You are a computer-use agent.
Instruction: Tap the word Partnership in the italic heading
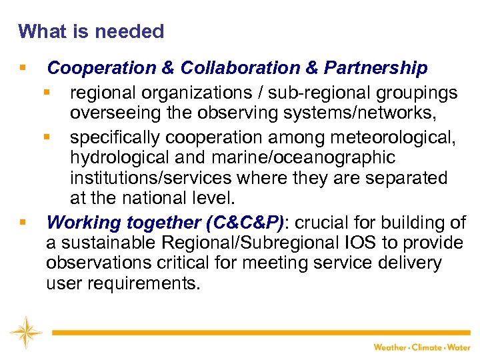click(376, 68)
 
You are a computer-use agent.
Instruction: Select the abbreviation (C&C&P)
click(249, 222)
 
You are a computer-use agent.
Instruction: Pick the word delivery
click(408, 263)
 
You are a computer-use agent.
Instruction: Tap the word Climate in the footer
click(429, 347)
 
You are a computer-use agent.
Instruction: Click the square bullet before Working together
click(23, 221)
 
